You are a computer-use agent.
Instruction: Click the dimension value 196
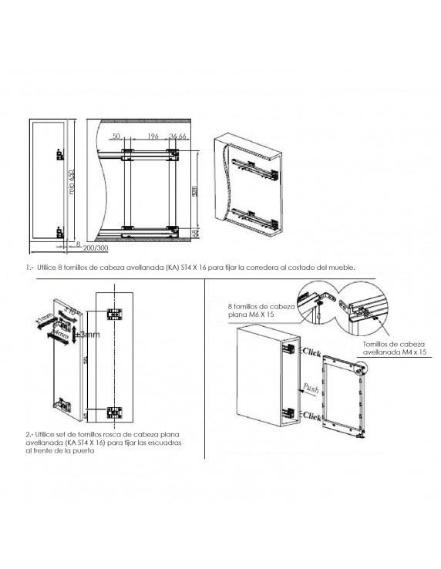(x=153, y=136)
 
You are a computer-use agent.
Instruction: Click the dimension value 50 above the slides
(x=117, y=136)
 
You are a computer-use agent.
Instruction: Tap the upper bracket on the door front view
(x=114, y=315)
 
